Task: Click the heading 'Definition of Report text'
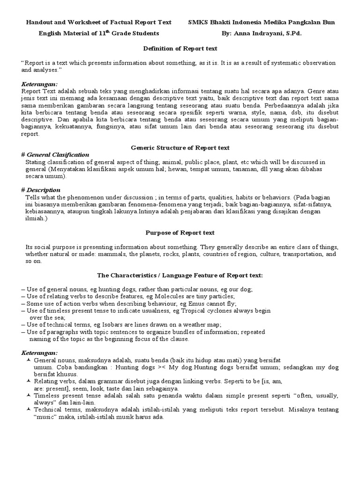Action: (180, 48)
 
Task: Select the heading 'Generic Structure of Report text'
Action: (180, 147)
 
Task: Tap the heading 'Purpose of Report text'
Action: (180, 232)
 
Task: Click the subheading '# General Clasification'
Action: (55, 155)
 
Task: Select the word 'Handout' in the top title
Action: (38, 22)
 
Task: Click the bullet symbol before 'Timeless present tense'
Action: (28, 395)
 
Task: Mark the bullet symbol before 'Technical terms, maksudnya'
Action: (28, 409)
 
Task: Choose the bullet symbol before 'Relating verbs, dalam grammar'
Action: (28, 381)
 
